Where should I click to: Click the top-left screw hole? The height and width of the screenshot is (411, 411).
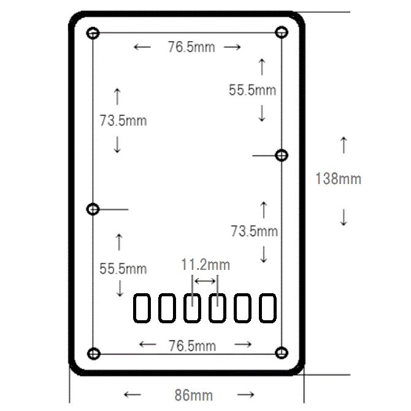[93, 33]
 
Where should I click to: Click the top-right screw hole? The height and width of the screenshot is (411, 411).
[282, 33]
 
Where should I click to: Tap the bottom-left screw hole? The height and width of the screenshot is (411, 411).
[94, 354]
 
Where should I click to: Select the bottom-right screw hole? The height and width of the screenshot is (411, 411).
[282, 353]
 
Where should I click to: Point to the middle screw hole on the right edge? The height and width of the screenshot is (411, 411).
[282, 155]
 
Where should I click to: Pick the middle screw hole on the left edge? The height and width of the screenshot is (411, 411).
[93, 209]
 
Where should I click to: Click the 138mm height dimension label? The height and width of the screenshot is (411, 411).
[339, 179]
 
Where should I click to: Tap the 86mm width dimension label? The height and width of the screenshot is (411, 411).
[194, 395]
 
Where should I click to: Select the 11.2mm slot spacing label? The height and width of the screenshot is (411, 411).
[205, 265]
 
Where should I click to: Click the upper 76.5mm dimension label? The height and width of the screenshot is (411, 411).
[191, 47]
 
